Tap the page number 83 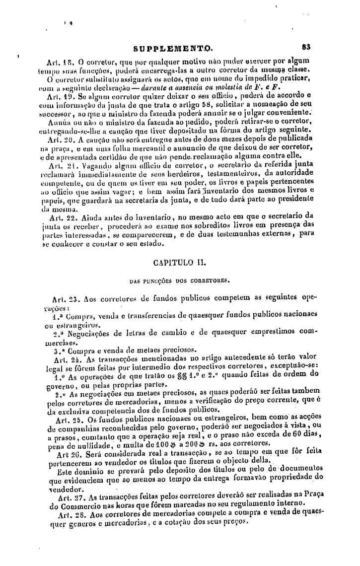pos(306,48)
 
